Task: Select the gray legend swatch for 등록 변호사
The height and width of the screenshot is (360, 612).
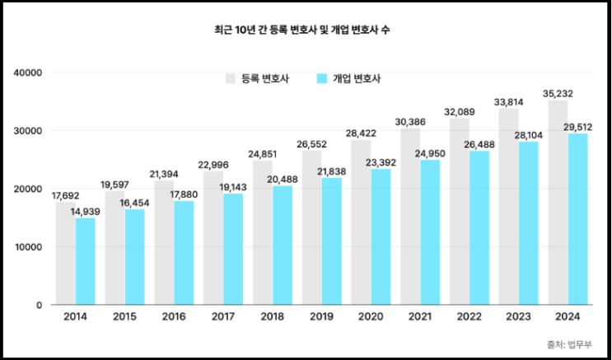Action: tap(231, 79)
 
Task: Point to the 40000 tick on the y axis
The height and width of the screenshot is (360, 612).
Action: tap(27, 73)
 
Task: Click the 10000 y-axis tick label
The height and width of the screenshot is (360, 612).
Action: tap(27, 247)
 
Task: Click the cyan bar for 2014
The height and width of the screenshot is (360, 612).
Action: tap(85, 261)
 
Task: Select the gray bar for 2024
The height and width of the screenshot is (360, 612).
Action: tap(558, 202)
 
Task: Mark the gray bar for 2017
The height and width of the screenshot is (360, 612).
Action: tap(213, 238)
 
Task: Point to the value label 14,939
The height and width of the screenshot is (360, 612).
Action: tap(86, 212)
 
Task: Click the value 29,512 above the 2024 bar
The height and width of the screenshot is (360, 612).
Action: tap(578, 127)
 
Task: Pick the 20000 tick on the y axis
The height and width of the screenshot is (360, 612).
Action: tap(27, 189)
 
